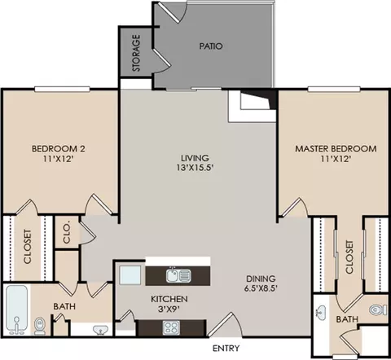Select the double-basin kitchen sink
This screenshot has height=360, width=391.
(x=178, y=274)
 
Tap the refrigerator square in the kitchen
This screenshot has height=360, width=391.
(x=129, y=275)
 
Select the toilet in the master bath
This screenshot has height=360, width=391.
(x=376, y=310)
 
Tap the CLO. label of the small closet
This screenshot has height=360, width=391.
(x=66, y=233)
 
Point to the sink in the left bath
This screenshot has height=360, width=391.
(x=99, y=330)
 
